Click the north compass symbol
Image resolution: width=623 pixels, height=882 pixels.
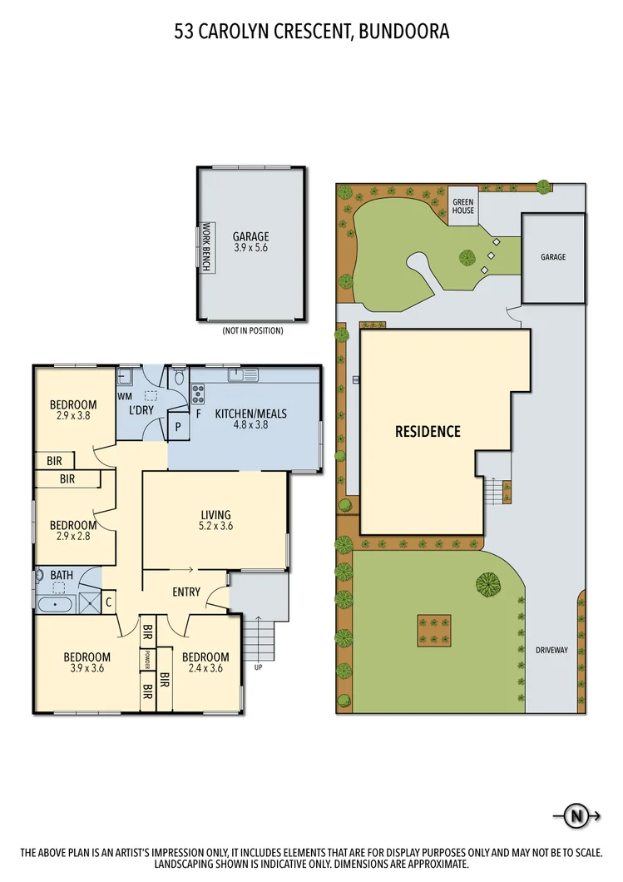[x=574, y=816]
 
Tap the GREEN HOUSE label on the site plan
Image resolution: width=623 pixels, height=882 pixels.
[x=463, y=206]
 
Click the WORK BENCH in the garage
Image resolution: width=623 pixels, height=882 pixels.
[x=205, y=246]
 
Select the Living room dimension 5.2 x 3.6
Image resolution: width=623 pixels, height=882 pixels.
[x=215, y=526]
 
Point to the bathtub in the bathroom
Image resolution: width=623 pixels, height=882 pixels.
[x=56, y=603]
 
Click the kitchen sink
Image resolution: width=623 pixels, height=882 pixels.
[x=241, y=375]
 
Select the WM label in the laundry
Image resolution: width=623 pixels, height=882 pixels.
[x=125, y=397]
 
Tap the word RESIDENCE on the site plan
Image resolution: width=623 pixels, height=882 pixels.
[x=428, y=431]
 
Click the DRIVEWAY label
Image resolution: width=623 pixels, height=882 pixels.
[x=551, y=650]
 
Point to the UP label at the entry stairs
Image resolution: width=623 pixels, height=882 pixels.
[x=258, y=666]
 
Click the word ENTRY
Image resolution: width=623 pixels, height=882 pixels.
[x=185, y=592]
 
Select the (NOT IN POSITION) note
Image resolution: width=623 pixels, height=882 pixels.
[x=252, y=330]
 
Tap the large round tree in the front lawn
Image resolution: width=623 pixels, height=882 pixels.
[x=488, y=584]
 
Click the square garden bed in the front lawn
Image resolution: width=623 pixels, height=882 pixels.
[x=433, y=630]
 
